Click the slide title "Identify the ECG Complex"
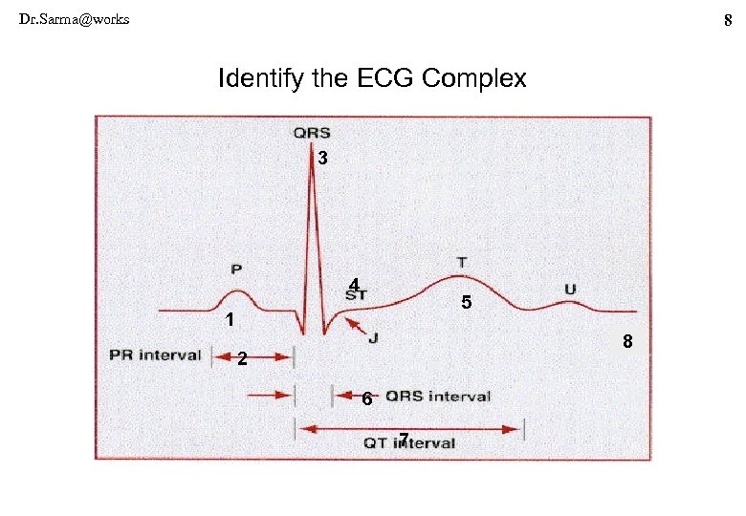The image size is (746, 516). [x=372, y=78]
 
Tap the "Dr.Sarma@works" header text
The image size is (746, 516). [x=75, y=19]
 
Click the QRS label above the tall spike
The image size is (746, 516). [x=312, y=135]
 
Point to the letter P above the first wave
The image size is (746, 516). [x=236, y=269]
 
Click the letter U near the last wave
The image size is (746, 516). [x=571, y=289]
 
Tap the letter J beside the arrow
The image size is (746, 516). [x=373, y=337]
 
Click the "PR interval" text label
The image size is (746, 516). [x=155, y=355]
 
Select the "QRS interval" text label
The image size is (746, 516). [x=438, y=397]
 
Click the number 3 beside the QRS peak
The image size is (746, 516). [x=324, y=159]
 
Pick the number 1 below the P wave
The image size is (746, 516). [x=230, y=319]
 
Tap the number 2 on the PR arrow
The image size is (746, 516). [x=243, y=360]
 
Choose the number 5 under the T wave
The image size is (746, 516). [x=466, y=303]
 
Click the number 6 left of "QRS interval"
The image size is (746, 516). [x=367, y=399]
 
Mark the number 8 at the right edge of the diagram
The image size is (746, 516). [x=627, y=341]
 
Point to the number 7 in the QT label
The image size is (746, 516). [x=406, y=439]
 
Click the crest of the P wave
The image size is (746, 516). [x=239, y=289]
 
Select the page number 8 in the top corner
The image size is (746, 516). [x=729, y=19]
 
